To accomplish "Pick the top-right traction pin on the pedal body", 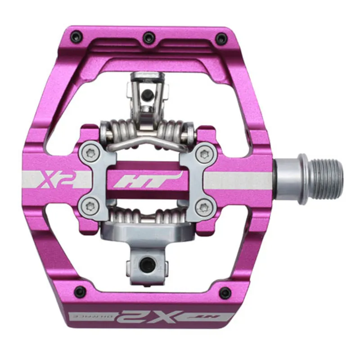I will (220, 38).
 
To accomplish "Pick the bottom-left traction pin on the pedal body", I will (80, 292).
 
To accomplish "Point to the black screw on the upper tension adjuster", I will (146, 95).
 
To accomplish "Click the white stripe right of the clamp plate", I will (238, 180).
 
